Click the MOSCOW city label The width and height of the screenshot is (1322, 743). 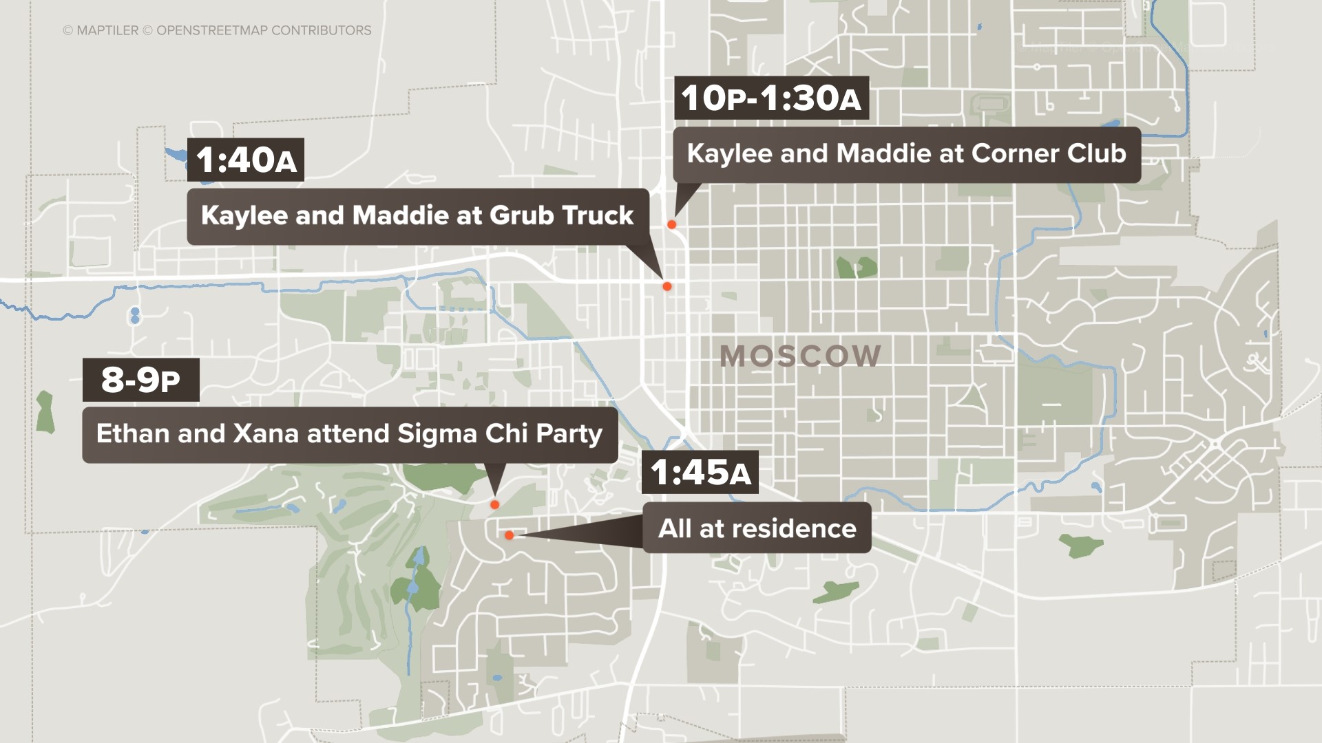[x=800, y=356]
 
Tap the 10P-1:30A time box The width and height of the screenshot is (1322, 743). [x=771, y=98]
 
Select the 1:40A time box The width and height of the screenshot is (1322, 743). [x=246, y=160]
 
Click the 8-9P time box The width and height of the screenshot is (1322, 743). [x=141, y=380]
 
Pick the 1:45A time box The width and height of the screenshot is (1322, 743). [x=700, y=473]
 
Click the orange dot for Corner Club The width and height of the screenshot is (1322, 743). [x=671, y=224]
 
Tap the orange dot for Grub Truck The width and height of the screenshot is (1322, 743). [x=667, y=286]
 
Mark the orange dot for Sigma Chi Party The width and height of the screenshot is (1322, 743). [x=494, y=505]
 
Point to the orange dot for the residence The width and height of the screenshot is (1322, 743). [x=509, y=535]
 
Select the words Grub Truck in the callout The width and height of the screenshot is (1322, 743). [x=561, y=216]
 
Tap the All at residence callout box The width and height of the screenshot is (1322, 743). [x=757, y=528]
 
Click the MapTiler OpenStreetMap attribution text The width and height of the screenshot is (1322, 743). [x=217, y=30]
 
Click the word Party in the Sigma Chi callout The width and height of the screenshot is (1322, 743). [x=569, y=434]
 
